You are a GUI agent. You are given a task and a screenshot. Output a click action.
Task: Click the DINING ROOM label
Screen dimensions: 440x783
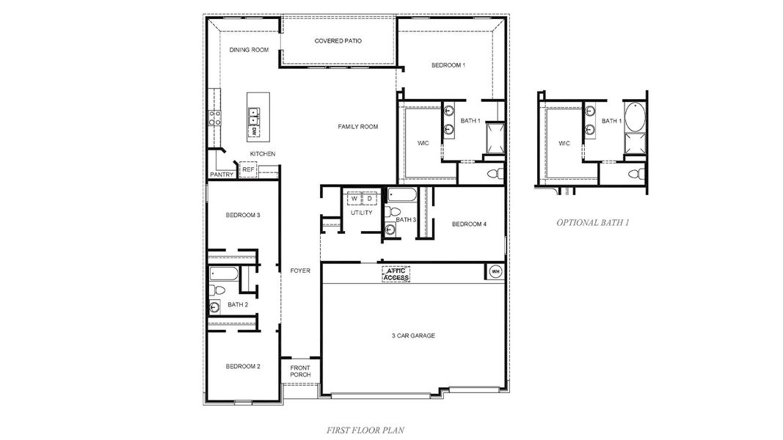249,50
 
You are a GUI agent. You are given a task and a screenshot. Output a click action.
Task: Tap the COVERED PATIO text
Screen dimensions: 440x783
338,41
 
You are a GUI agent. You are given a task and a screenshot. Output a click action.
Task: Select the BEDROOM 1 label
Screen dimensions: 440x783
448,66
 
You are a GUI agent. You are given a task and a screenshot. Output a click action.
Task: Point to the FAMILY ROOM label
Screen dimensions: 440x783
357,127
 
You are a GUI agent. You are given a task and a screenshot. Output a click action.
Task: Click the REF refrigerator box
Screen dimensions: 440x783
248,169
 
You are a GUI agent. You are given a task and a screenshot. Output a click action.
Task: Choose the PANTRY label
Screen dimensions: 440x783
222,175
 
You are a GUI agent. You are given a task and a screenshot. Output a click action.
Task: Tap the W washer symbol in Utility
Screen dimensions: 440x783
354,198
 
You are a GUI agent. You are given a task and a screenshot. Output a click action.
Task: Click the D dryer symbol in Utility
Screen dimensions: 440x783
370,198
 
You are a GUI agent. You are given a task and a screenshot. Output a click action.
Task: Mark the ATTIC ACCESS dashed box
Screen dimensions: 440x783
396,274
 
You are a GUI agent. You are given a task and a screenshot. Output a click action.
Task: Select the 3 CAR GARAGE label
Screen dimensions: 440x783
413,336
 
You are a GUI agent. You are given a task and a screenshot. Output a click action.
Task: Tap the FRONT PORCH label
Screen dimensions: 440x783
300,371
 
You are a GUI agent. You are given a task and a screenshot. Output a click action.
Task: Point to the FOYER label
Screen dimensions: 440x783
300,271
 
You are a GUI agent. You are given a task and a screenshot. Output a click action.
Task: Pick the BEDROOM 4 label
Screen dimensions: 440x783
469,224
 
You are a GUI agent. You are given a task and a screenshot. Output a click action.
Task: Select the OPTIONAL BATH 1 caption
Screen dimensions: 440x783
593,221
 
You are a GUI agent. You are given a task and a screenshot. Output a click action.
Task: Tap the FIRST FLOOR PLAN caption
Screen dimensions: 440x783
367,430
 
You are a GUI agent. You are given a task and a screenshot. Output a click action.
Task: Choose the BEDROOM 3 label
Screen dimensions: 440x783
243,215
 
